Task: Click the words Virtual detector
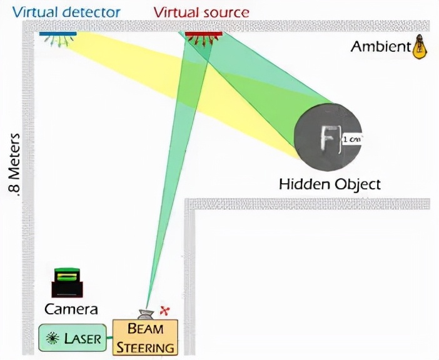tap(66, 12)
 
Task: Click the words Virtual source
tap(201, 12)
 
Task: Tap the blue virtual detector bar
tap(58, 34)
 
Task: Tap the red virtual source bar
tap(204, 34)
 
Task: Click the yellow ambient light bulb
tap(420, 47)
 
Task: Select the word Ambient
tap(381, 46)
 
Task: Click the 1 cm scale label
tap(352, 139)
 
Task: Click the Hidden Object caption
tap(330, 184)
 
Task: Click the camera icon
tap(67, 282)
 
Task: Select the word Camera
tap(71, 309)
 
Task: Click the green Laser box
tap(73, 337)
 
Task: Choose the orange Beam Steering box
tap(145, 337)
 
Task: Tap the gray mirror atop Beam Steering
tap(146, 314)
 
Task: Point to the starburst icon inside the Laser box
tap(53, 338)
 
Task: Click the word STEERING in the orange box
tap(145, 347)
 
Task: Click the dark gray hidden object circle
tap(328, 136)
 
